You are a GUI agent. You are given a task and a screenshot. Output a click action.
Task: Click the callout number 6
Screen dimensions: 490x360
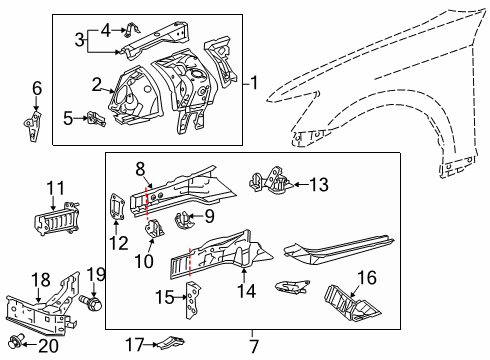point(37,89)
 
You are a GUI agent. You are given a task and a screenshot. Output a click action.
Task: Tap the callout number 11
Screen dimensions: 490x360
point(55,188)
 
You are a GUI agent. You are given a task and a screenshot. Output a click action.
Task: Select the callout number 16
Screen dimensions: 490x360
point(367,278)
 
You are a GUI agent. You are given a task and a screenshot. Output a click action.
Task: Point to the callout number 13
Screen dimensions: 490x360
point(319,184)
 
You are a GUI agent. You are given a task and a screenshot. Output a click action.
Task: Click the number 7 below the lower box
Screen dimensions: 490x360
point(254,347)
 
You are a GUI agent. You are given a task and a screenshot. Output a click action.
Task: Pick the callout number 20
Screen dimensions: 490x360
point(48,346)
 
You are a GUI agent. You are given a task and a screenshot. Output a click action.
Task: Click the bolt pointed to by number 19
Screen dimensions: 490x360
point(91,303)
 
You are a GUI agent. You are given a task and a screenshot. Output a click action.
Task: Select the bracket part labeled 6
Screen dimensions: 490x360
point(33,126)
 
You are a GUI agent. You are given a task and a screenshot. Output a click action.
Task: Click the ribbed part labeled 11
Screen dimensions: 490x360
point(57,219)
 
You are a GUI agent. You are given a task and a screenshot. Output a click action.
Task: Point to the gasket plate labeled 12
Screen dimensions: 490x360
point(117,207)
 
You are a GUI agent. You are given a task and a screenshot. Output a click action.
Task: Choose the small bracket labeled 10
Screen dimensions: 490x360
point(153,229)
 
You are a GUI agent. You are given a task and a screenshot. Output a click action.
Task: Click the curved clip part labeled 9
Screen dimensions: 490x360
point(183,220)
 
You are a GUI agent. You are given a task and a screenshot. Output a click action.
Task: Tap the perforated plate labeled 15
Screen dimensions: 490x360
point(193,300)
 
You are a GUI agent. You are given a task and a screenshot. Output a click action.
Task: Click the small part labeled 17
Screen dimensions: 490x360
point(171,342)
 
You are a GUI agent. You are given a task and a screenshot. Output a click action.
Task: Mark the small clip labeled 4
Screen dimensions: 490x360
point(131,30)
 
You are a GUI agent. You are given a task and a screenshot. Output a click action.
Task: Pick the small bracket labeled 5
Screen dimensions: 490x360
point(96,119)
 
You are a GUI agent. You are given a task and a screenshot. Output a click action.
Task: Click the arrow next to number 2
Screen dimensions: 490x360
point(107,90)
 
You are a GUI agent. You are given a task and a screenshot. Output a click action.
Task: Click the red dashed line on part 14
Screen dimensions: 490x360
point(189,262)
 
